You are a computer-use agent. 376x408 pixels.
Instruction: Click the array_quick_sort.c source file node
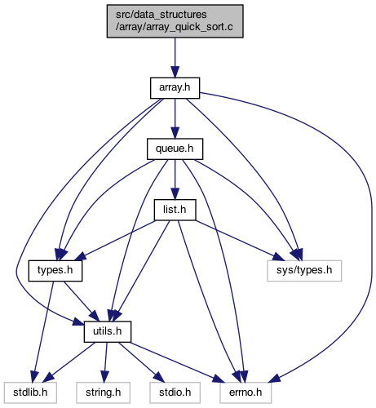175,21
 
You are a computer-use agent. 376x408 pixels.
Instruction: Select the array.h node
175,88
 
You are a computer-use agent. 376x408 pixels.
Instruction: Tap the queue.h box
175,149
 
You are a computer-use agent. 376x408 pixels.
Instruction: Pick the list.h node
175,210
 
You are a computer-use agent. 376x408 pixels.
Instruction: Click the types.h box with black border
55,271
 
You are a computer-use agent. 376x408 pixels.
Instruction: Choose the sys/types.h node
304,271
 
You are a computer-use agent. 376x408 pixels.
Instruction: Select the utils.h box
108,332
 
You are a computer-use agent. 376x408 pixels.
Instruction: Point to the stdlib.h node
30,392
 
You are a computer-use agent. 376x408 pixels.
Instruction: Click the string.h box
104,392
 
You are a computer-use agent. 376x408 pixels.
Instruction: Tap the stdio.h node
175,392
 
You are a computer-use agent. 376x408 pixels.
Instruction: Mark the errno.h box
246,392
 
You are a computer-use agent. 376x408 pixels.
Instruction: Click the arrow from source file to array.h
175,58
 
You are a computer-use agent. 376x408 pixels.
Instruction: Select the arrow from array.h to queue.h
175,118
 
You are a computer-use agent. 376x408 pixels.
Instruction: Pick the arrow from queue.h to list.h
175,180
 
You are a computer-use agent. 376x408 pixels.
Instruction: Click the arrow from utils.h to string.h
105,362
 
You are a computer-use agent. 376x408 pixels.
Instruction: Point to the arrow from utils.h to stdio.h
141,362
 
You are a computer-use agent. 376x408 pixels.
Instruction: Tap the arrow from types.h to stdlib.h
43,332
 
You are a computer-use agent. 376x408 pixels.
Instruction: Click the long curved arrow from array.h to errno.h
371,206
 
